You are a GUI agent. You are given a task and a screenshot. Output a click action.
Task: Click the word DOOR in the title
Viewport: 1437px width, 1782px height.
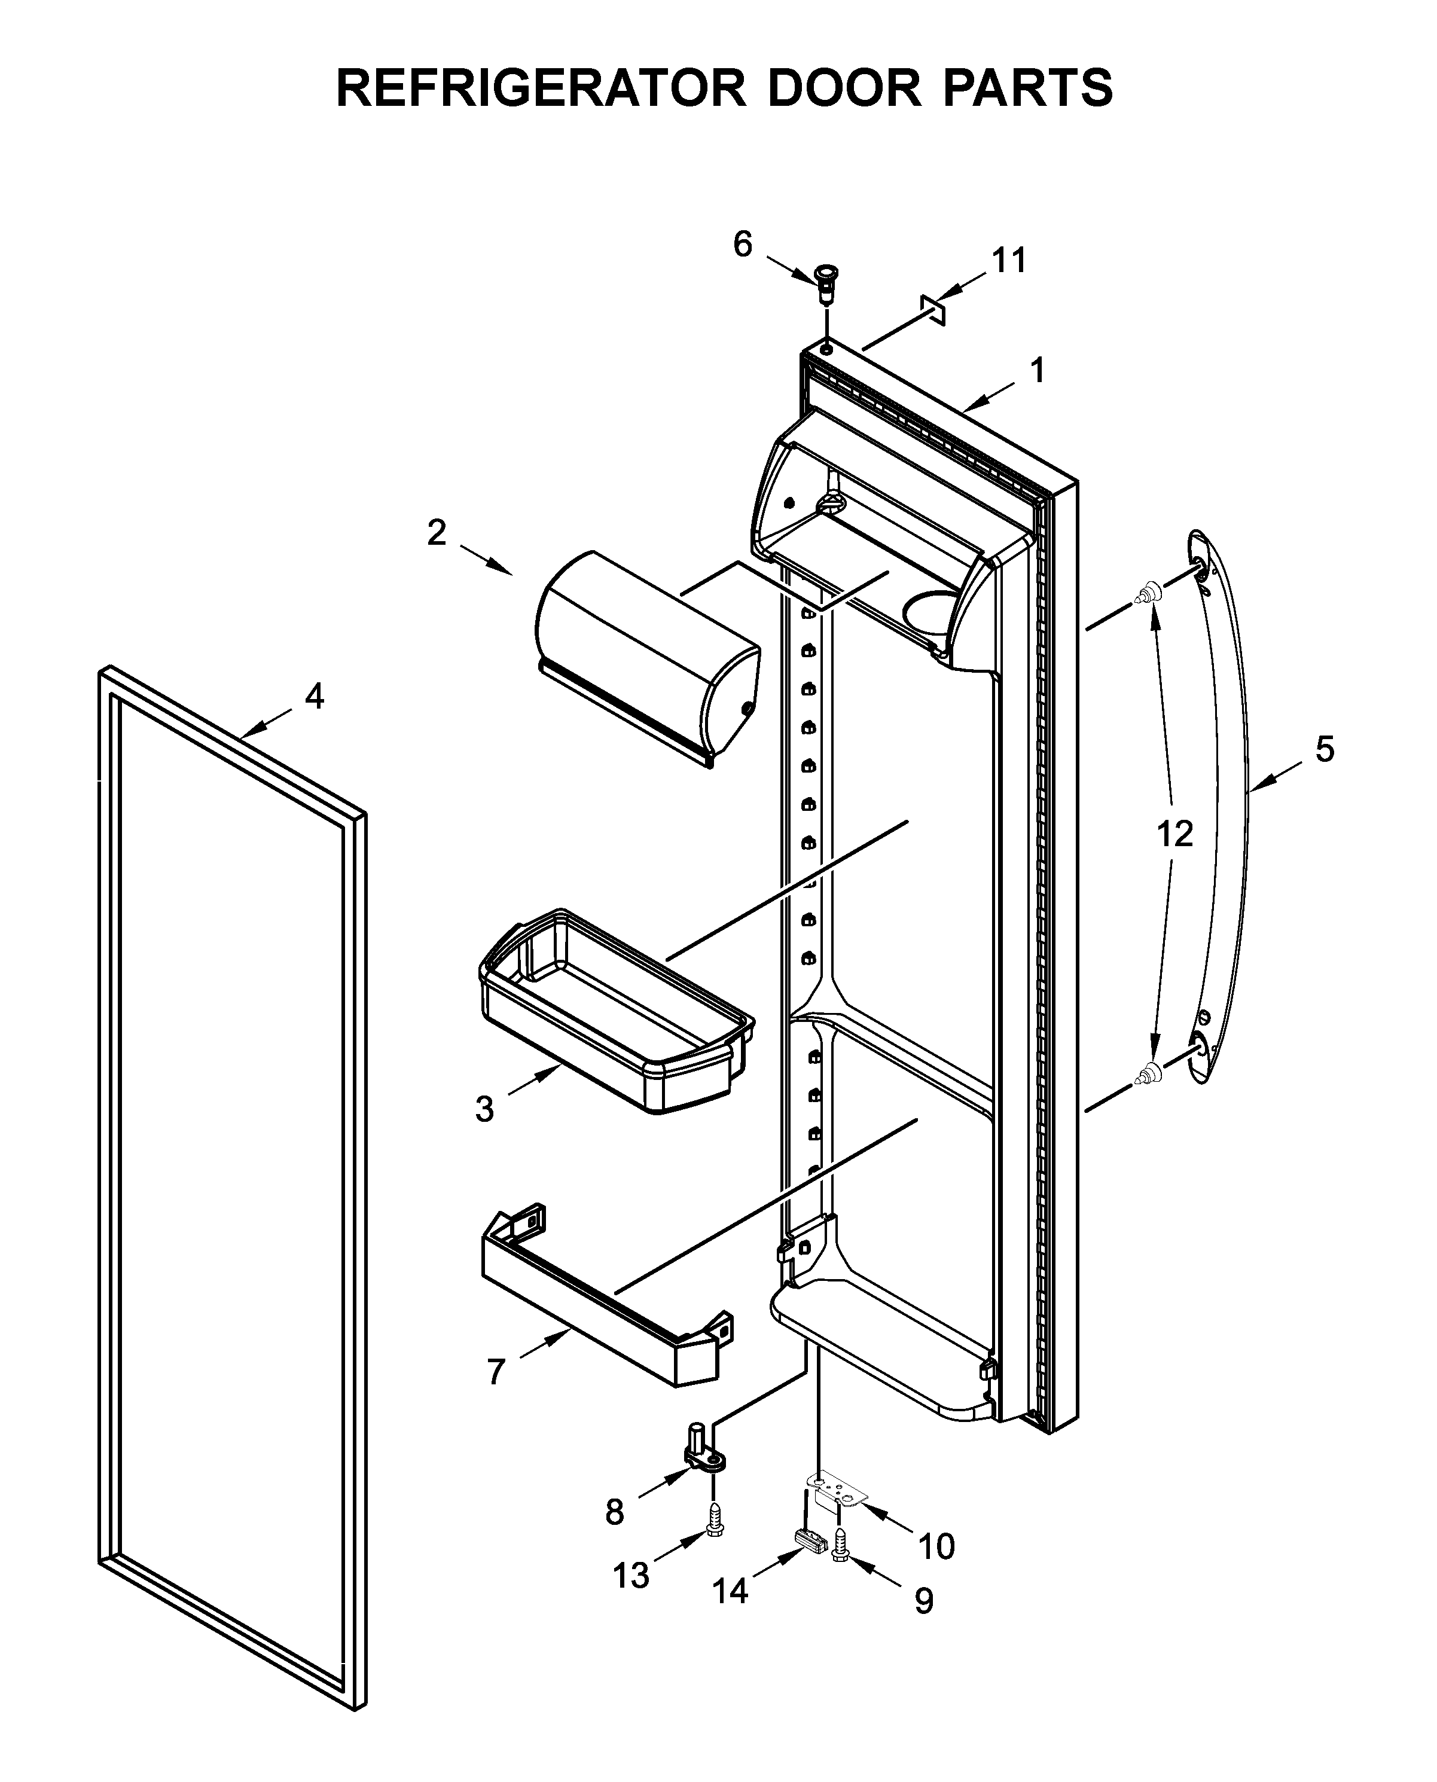click(844, 88)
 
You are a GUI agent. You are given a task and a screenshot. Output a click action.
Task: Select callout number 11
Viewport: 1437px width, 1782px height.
click(1009, 260)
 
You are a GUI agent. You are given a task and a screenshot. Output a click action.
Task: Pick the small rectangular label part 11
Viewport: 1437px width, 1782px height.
click(933, 306)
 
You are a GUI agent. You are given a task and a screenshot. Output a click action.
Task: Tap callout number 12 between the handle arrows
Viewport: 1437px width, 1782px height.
click(1174, 834)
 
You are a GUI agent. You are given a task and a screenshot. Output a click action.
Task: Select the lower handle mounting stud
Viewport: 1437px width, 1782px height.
click(1148, 1075)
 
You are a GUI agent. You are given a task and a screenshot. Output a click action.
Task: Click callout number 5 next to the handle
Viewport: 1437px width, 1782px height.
click(1325, 749)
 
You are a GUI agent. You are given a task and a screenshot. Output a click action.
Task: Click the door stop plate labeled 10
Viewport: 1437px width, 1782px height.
click(840, 1490)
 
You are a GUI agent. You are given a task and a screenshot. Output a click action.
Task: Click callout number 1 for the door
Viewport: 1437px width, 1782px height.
click(1037, 371)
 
